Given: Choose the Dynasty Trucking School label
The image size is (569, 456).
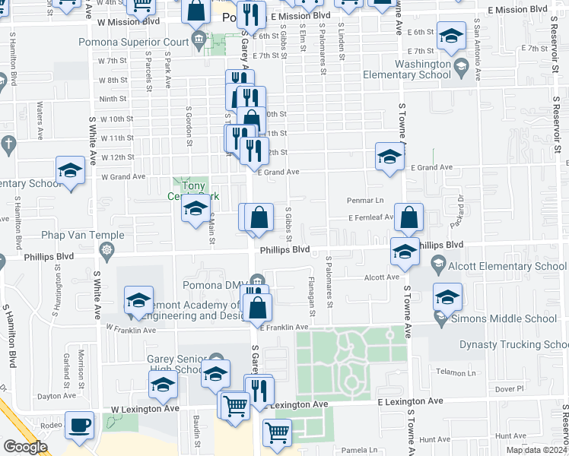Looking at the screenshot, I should pyautogui.click(x=513, y=345).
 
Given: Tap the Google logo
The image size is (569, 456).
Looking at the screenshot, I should pyautogui.click(x=25, y=446).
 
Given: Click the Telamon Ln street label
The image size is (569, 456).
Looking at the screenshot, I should pyautogui.click(x=456, y=372).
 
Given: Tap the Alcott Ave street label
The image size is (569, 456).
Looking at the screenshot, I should pyautogui.click(x=382, y=277).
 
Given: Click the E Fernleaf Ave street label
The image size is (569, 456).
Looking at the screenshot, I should pyautogui.click(x=370, y=217).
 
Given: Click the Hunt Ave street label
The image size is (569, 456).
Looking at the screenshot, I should pyautogui.click(x=434, y=439).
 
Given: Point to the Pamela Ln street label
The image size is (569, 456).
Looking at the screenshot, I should pyautogui.click(x=359, y=450).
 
